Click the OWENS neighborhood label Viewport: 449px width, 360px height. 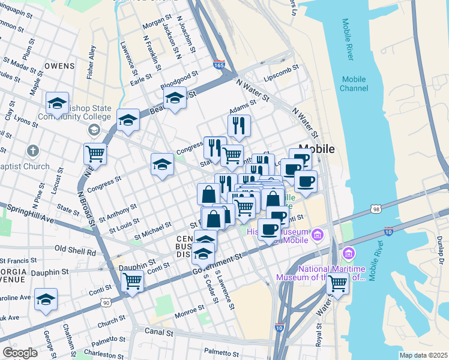[x=59, y=66]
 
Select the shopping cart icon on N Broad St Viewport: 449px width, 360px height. [x=95, y=154]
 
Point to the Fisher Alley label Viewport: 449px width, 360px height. [x=91, y=62]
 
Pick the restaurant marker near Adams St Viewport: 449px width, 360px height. [x=239, y=125]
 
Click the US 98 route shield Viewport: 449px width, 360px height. [x=376, y=208]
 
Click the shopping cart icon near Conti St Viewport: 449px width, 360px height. [x=132, y=281]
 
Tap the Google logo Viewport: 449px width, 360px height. [x=20, y=353]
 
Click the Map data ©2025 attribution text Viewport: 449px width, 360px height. [x=423, y=356]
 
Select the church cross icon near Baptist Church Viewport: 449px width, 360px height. [x=34, y=151]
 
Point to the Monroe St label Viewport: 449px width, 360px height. [x=189, y=311]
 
